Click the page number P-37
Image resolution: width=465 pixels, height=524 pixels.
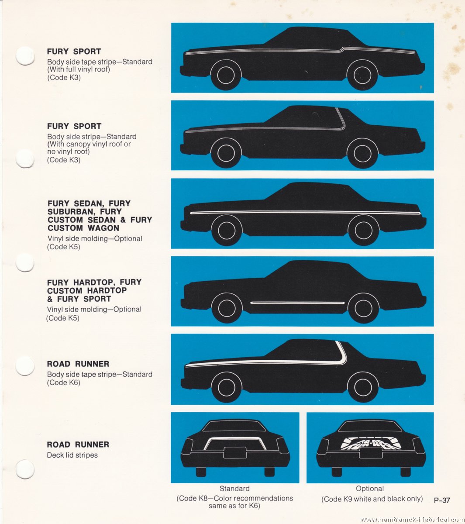point(442,500)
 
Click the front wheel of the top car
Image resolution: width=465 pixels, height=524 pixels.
point(226,75)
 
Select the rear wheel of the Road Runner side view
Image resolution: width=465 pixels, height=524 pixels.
point(363,387)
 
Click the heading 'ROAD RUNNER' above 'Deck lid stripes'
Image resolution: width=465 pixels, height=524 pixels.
point(78,445)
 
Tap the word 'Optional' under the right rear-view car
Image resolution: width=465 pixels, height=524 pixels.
point(370,488)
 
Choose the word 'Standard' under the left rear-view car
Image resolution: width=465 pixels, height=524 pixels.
point(234,488)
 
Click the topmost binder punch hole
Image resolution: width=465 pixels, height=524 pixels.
point(25,55)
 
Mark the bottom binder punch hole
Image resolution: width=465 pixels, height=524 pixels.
point(25,469)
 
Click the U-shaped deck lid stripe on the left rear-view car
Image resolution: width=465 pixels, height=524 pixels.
point(235,439)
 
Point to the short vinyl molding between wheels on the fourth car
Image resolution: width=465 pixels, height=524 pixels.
point(297,303)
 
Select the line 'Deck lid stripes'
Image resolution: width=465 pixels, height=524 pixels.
point(72,455)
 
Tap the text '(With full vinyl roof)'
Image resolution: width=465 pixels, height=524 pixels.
point(79,69)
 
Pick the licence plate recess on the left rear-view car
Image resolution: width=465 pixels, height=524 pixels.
point(235,453)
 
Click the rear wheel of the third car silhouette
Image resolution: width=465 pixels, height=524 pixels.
point(363,230)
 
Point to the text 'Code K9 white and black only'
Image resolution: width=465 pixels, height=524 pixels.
point(372,499)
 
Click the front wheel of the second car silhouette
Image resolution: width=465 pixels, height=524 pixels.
point(226,153)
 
